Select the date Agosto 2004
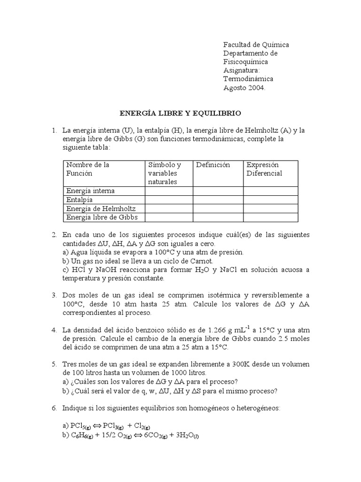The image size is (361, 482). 244,88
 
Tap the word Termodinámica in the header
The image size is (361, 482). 248,79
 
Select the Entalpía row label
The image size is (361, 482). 79,200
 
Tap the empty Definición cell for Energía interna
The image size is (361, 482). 218,191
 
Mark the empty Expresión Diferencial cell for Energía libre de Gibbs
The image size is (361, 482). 270,217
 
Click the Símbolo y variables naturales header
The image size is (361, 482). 165,173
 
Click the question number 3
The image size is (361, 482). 55,295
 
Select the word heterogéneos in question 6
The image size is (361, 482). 257,408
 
